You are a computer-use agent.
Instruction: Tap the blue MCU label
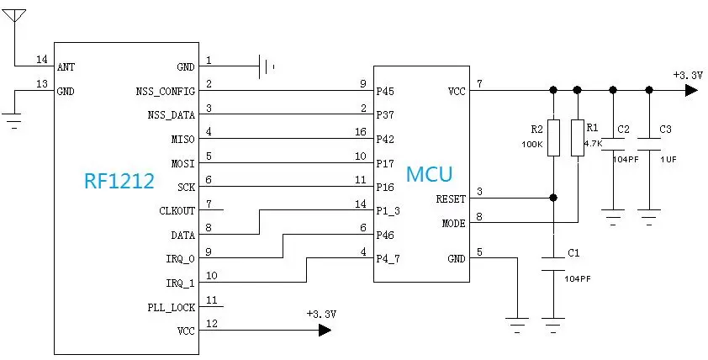coord(429,175)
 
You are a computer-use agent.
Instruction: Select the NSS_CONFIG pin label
coord(165,90)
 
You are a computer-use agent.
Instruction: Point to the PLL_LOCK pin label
coord(172,308)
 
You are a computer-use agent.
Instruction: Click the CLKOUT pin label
coord(177,210)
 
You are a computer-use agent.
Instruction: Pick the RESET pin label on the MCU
coord(450,199)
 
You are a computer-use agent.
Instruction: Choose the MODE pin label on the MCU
coord(453,224)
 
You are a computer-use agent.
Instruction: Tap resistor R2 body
coord(552,138)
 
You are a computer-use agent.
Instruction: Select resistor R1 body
coord(577,138)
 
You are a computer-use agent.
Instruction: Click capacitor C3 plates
coord(648,139)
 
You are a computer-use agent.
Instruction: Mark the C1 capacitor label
coord(573,251)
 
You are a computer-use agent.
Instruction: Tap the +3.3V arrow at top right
coord(690,90)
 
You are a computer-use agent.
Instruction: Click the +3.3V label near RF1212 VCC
coord(321,313)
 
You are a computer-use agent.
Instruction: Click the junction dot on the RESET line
coord(552,199)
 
